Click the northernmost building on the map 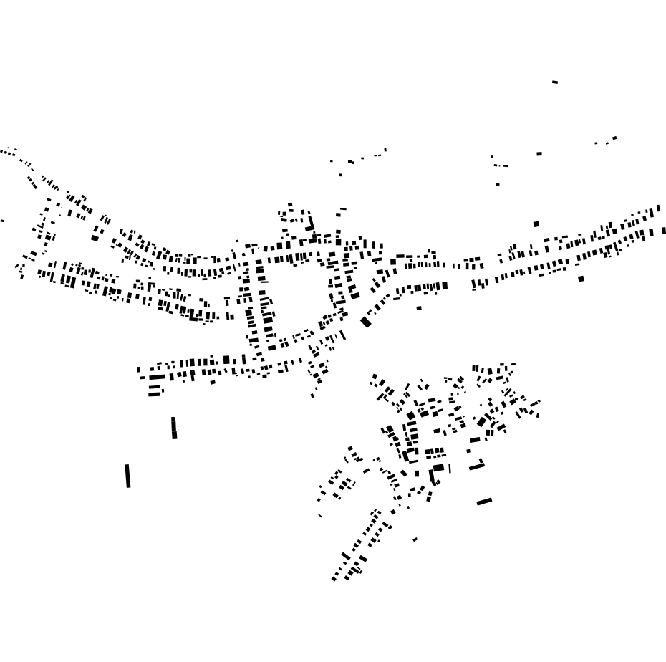coord(555,82)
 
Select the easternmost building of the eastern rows coord(664,231)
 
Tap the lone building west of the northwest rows coord(2,221)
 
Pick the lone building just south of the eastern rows coord(581,279)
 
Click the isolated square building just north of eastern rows coord(536,224)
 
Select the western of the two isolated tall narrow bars coord(127,476)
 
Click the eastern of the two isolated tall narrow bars coord(174,428)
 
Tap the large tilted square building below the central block coord(366,322)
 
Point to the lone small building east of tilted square coord(419,308)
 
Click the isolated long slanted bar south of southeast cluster coord(484,502)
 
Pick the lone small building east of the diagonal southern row coord(415,539)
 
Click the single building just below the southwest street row coord(213,382)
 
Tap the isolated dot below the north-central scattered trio coord(340,175)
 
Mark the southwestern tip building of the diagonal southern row coord(334,579)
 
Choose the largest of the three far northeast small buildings coord(614,138)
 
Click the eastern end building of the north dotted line coord(385,150)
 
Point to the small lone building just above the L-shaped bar coord(468,451)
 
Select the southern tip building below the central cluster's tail coord(312,395)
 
